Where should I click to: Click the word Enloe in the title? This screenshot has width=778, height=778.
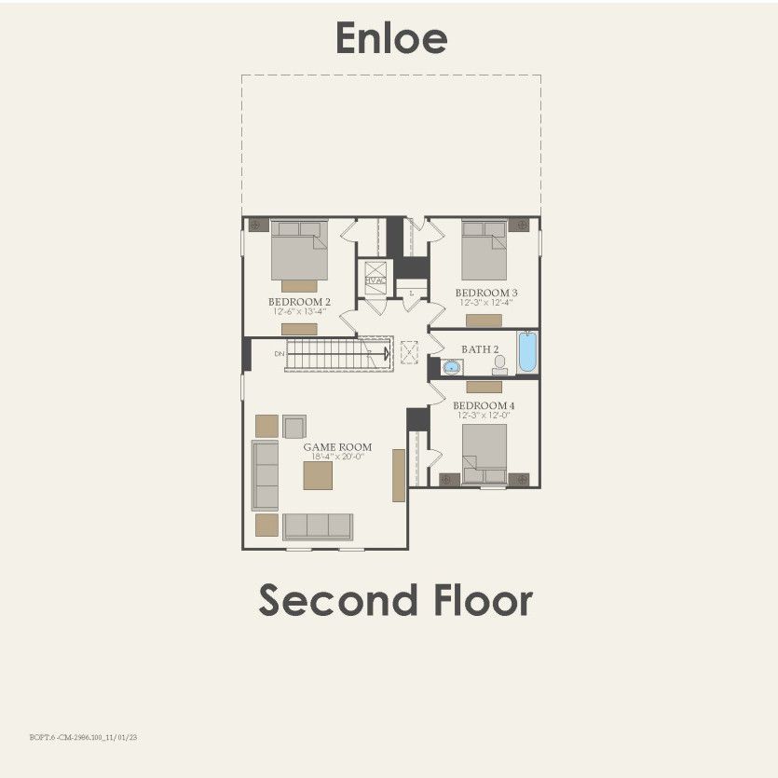[391, 39]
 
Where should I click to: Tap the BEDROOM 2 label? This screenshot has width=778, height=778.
[299, 302]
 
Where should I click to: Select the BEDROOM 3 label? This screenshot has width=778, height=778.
[486, 293]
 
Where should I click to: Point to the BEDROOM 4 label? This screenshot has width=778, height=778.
[484, 406]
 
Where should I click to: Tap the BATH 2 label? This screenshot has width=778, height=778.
[481, 349]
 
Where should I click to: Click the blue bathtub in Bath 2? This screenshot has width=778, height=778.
[527, 352]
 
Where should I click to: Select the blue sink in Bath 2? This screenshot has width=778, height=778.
[452, 366]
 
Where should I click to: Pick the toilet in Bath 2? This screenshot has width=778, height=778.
[499, 364]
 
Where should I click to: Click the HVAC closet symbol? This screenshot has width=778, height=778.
[375, 280]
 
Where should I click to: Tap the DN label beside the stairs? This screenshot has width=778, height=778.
[279, 354]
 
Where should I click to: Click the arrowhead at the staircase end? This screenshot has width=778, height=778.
[385, 353]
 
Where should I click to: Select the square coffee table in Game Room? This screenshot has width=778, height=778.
[318, 475]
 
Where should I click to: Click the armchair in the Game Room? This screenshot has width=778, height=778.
[294, 427]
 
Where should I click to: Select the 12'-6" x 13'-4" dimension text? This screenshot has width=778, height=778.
[299, 312]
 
